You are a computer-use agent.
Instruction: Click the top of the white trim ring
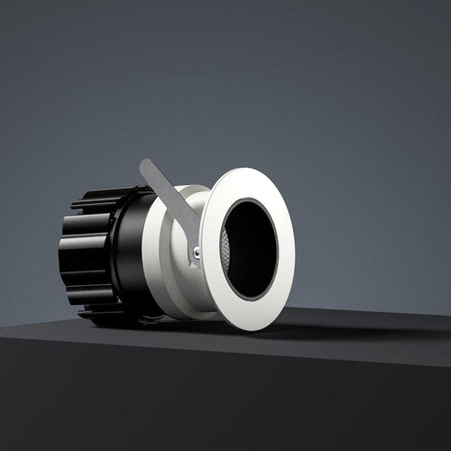point(244,170)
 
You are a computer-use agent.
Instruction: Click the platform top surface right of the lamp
point(379,325)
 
